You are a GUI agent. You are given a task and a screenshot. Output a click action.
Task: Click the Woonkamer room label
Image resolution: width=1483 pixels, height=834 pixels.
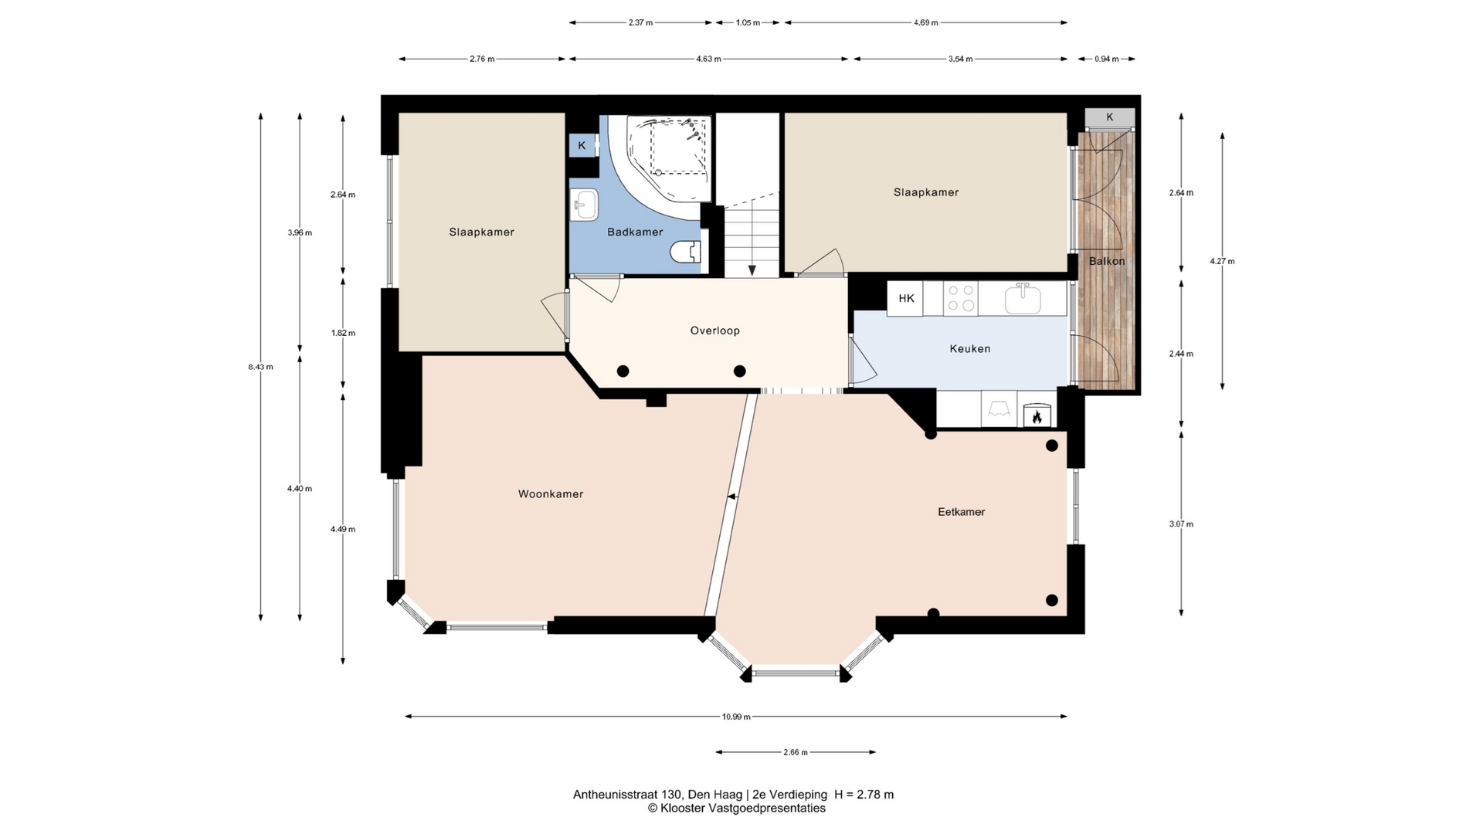point(551,494)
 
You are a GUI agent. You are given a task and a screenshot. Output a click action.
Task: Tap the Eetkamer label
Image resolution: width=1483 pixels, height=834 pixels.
point(962,512)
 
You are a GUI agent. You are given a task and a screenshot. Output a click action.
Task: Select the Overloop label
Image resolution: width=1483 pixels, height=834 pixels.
point(715,331)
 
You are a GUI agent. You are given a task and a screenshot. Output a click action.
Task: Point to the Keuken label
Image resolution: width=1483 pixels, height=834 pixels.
point(970,349)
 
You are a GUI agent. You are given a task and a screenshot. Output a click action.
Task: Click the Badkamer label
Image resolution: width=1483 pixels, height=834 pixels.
point(635,232)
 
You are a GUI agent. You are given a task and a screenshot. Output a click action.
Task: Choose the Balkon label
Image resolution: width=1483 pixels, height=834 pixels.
point(1107,261)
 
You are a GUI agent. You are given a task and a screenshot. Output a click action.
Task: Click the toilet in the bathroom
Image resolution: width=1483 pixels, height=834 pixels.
point(686,252)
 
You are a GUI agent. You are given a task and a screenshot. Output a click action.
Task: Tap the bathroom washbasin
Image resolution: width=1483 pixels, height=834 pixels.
point(584,205)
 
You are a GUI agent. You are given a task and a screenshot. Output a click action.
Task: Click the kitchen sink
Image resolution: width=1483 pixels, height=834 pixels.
point(1023,298)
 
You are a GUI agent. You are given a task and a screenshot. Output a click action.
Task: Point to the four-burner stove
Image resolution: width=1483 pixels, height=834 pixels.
point(961,298)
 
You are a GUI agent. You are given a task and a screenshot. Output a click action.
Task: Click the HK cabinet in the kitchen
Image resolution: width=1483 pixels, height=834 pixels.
point(905,299)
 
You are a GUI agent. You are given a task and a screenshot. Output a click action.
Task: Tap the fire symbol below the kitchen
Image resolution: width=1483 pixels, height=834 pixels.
point(1037,417)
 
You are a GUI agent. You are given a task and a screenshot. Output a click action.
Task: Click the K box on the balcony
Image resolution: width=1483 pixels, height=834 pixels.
point(1110,117)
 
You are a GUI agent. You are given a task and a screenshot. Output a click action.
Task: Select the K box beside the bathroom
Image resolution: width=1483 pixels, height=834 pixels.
point(582,145)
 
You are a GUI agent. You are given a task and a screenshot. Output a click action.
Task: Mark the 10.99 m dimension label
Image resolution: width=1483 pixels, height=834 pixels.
point(736,717)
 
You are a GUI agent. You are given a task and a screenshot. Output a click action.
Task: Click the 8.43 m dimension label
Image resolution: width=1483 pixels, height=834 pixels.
point(260,367)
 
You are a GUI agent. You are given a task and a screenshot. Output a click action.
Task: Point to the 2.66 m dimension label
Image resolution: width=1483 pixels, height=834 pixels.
point(795,752)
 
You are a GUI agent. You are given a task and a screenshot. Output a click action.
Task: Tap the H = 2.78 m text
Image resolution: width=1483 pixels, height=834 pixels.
point(864,795)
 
